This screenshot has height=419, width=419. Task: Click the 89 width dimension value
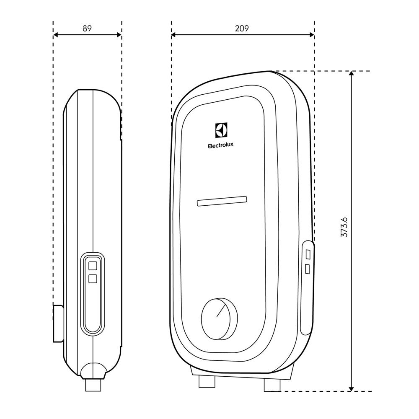87,28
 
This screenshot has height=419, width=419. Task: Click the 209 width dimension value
242,28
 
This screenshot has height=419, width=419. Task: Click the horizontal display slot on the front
222,202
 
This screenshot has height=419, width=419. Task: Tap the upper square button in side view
93,265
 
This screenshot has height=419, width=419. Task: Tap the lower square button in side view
93,278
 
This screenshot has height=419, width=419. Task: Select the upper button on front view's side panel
308,254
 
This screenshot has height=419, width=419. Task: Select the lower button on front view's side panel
308,269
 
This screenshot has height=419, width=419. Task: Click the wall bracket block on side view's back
58,323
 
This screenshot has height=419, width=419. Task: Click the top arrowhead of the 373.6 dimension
352,74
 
